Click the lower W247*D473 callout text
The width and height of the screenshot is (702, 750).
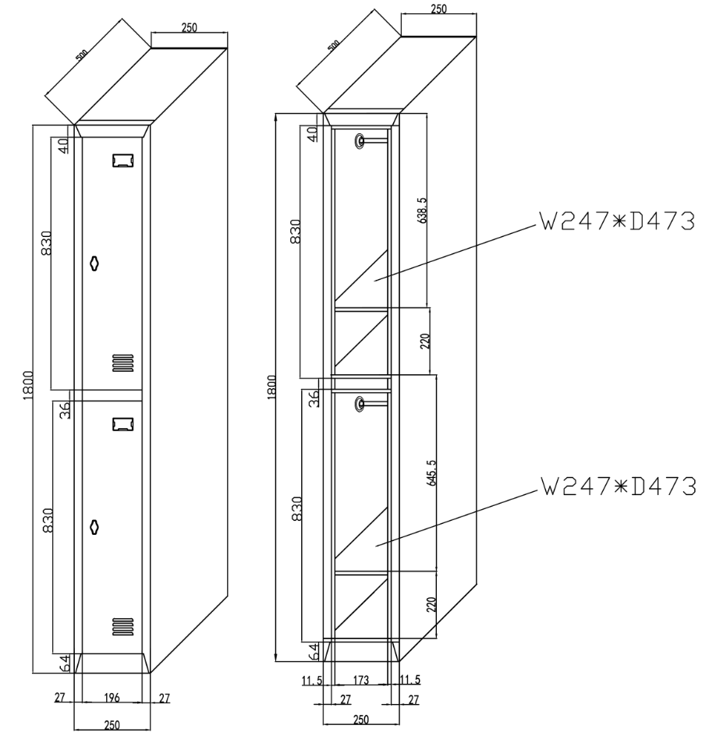[619, 487]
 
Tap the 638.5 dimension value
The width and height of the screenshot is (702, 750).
[422, 210]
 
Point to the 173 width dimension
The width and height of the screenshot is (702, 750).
[361, 680]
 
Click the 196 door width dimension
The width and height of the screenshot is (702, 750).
[112, 698]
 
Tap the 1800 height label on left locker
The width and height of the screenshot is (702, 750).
[28, 385]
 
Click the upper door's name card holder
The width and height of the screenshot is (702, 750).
[123, 161]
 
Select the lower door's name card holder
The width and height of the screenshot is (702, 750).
[123, 424]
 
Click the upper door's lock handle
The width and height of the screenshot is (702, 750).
[94, 263]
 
